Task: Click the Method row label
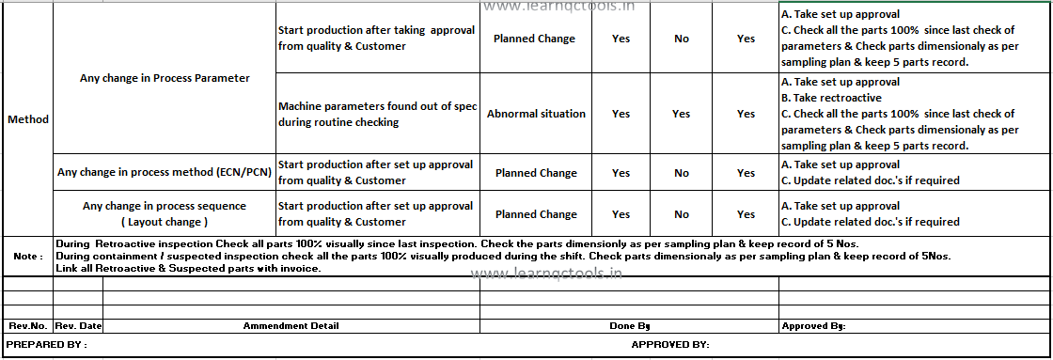(x=27, y=119)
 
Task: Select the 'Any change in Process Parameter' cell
(x=165, y=78)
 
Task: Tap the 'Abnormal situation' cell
(x=536, y=114)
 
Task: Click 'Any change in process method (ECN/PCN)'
(x=165, y=172)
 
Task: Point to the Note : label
(x=27, y=256)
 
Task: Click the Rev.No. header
(x=27, y=326)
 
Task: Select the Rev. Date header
(x=78, y=326)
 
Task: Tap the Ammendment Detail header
(x=291, y=326)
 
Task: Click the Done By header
(x=629, y=326)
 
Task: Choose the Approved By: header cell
(x=813, y=326)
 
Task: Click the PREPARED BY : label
(x=47, y=345)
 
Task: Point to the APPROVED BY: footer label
(x=669, y=345)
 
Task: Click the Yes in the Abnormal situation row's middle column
(x=682, y=114)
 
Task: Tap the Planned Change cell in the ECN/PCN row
(x=536, y=173)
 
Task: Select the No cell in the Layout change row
(x=682, y=214)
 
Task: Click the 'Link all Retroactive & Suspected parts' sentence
(x=189, y=269)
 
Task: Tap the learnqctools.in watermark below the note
(x=545, y=274)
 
